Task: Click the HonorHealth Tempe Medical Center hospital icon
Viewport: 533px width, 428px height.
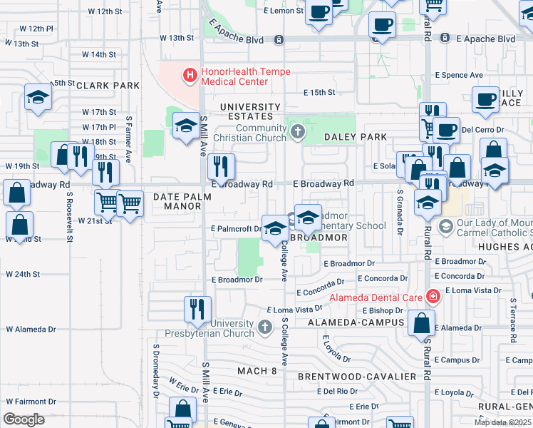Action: coord(190,74)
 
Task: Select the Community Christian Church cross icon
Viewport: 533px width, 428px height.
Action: coord(297,131)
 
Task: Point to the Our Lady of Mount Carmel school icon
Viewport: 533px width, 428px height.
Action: coord(447,228)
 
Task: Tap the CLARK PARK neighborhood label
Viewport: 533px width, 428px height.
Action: coord(108,86)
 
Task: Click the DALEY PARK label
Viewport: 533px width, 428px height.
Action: coord(356,137)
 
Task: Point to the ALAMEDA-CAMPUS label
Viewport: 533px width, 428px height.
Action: coord(356,322)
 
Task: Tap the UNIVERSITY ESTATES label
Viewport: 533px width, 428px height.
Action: coord(246,111)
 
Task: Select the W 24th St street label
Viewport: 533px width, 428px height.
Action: coord(23,274)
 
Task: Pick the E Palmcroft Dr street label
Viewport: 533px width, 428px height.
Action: coord(237,229)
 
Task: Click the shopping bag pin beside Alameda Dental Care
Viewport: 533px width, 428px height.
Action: coord(422,322)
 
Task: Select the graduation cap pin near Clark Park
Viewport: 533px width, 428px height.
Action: coord(37,98)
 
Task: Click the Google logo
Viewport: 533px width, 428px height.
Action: coord(24,419)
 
